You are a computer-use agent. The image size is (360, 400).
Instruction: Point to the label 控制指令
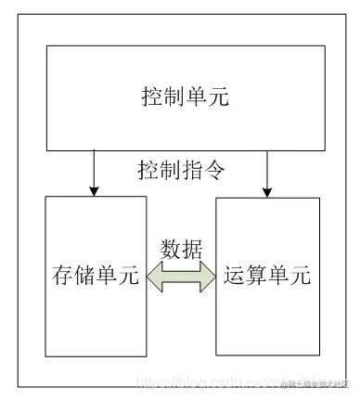181,170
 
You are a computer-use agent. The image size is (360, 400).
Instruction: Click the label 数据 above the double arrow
181,250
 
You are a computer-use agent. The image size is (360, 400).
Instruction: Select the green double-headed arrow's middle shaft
181,277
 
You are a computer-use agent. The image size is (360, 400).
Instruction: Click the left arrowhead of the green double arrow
156,277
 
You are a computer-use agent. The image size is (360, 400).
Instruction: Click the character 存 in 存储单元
61,277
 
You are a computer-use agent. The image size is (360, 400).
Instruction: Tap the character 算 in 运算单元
257,277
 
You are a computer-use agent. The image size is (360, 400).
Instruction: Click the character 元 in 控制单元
214,97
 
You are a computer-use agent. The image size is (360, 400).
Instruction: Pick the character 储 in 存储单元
84,277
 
